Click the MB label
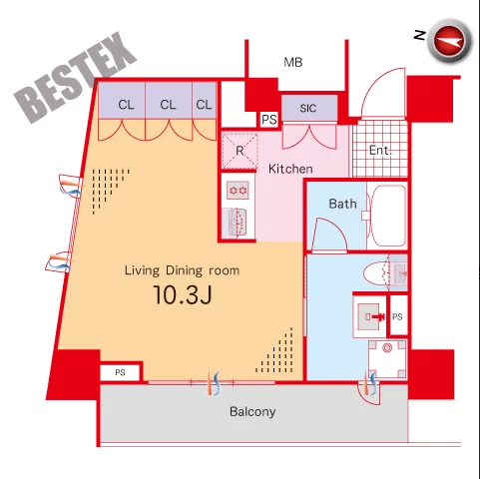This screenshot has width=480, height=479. coord(293,62)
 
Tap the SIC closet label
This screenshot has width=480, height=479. coord(308,108)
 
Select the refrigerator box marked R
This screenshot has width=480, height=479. coord(240,151)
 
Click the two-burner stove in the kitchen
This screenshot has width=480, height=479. coord(238,191)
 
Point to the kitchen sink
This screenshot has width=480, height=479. coord(236,223)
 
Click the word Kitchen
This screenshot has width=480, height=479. coord(290,169)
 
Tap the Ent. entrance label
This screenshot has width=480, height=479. coord(380,151)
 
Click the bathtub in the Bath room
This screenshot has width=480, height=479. coord(387,216)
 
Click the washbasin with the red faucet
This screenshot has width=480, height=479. coord(370,316)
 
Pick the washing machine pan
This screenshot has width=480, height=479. coord(387,359)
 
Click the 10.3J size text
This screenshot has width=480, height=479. coord(183,295)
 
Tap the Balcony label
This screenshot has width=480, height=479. coord(252,412)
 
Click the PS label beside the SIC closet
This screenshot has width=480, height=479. coord(269,120)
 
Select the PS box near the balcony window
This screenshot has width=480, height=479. coord(120,372)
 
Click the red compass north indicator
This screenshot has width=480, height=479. coord(450,41)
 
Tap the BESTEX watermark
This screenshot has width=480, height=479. coord(75,79)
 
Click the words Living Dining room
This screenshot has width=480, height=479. coord(182,270)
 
